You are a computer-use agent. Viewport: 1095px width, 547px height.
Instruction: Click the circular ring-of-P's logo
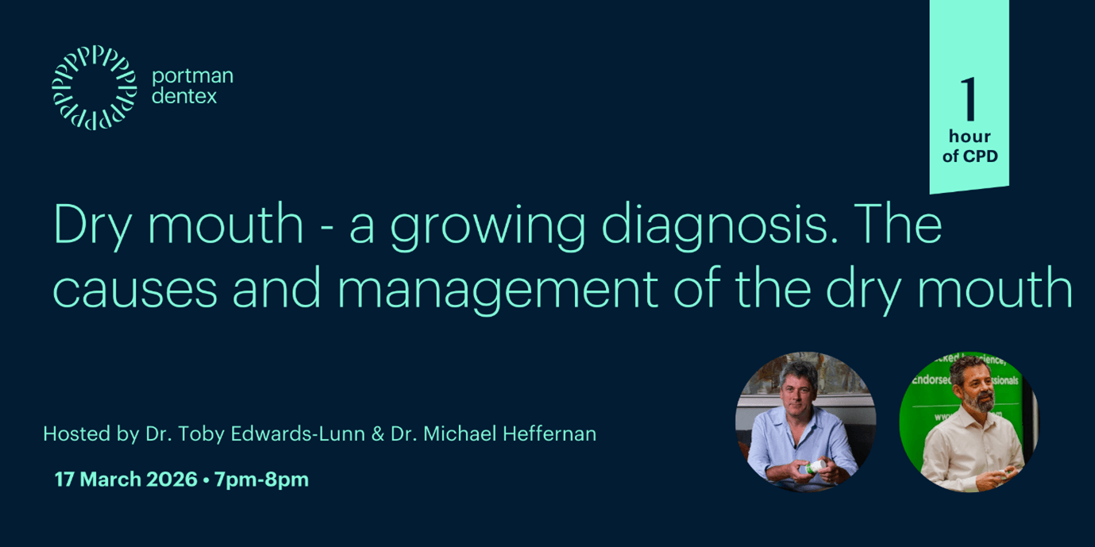click(x=94, y=87)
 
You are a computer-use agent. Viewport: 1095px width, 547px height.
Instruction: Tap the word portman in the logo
click(x=192, y=77)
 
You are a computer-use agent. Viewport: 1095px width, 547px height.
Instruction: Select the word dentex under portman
click(x=184, y=97)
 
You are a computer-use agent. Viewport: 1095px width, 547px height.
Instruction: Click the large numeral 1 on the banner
click(x=969, y=101)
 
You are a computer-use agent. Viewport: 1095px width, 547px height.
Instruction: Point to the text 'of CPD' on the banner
click(x=970, y=156)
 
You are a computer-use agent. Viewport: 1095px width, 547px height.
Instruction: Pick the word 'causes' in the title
click(x=135, y=289)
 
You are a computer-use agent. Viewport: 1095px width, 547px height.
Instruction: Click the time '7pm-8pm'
click(x=261, y=480)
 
